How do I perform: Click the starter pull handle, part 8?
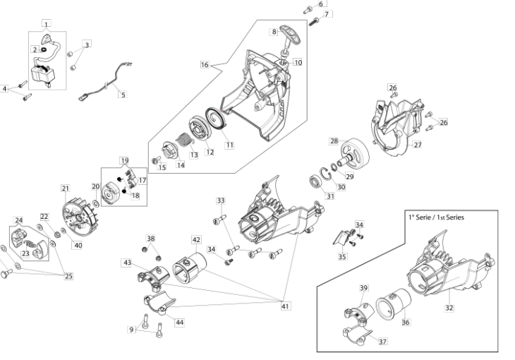tap(290, 38)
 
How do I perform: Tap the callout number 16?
tap(205, 64)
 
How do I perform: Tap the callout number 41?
tap(285, 306)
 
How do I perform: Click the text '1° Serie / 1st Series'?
tap(436, 217)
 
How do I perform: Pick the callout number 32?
tap(449, 308)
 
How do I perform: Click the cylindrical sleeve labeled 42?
tap(189, 268)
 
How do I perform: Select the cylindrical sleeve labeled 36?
tap(394, 304)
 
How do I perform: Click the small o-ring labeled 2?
tap(43, 50)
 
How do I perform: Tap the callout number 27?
tap(417, 145)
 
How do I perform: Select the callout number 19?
tap(124, 161)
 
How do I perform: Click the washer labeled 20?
tap(96, 204)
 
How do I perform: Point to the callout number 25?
tap(68, 276)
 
